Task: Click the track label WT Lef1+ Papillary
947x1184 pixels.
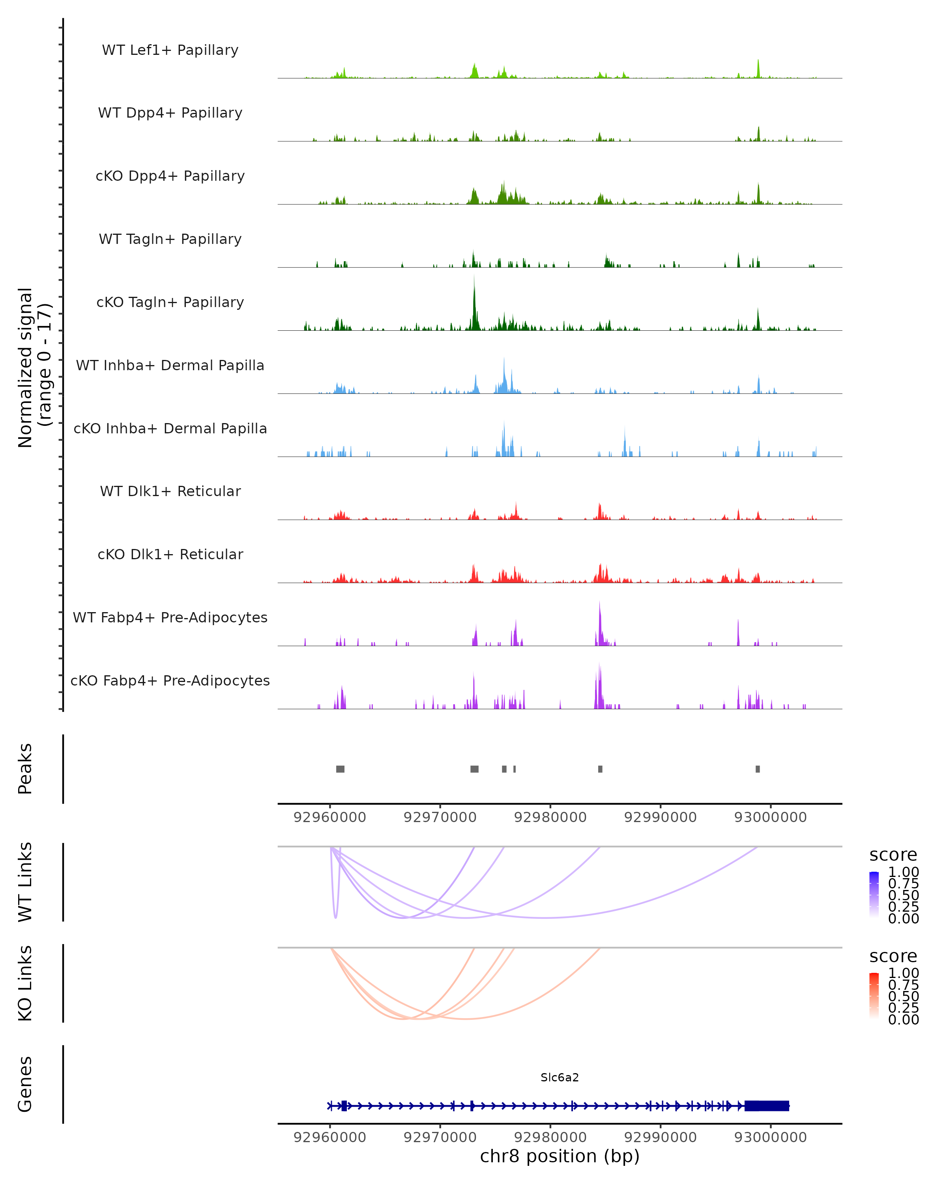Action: (170, 50)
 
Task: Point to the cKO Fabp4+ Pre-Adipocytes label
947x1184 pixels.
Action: (170, 680)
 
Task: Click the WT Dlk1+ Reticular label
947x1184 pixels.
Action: (170, 491)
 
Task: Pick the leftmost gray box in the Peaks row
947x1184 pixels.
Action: (341, 769)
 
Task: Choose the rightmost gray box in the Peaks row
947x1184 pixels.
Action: (758, 769)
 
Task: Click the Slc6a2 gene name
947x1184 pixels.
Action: (560, 1077)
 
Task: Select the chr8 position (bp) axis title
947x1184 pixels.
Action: (560, 1156)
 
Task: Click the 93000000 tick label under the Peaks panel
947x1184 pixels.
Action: (770, 817)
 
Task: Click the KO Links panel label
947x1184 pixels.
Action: (25, 983)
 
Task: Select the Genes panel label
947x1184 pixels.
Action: (25, 1084)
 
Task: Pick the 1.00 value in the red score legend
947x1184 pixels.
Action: (903, 973)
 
